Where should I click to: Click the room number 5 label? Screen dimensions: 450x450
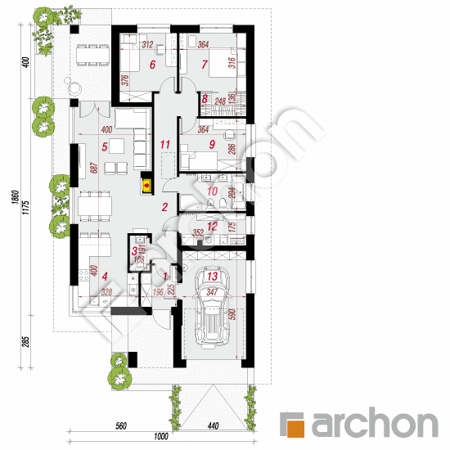105,147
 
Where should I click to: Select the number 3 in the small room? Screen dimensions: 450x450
135,252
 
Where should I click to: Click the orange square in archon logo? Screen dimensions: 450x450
292,424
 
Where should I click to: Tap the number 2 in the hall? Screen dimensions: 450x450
164,208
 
